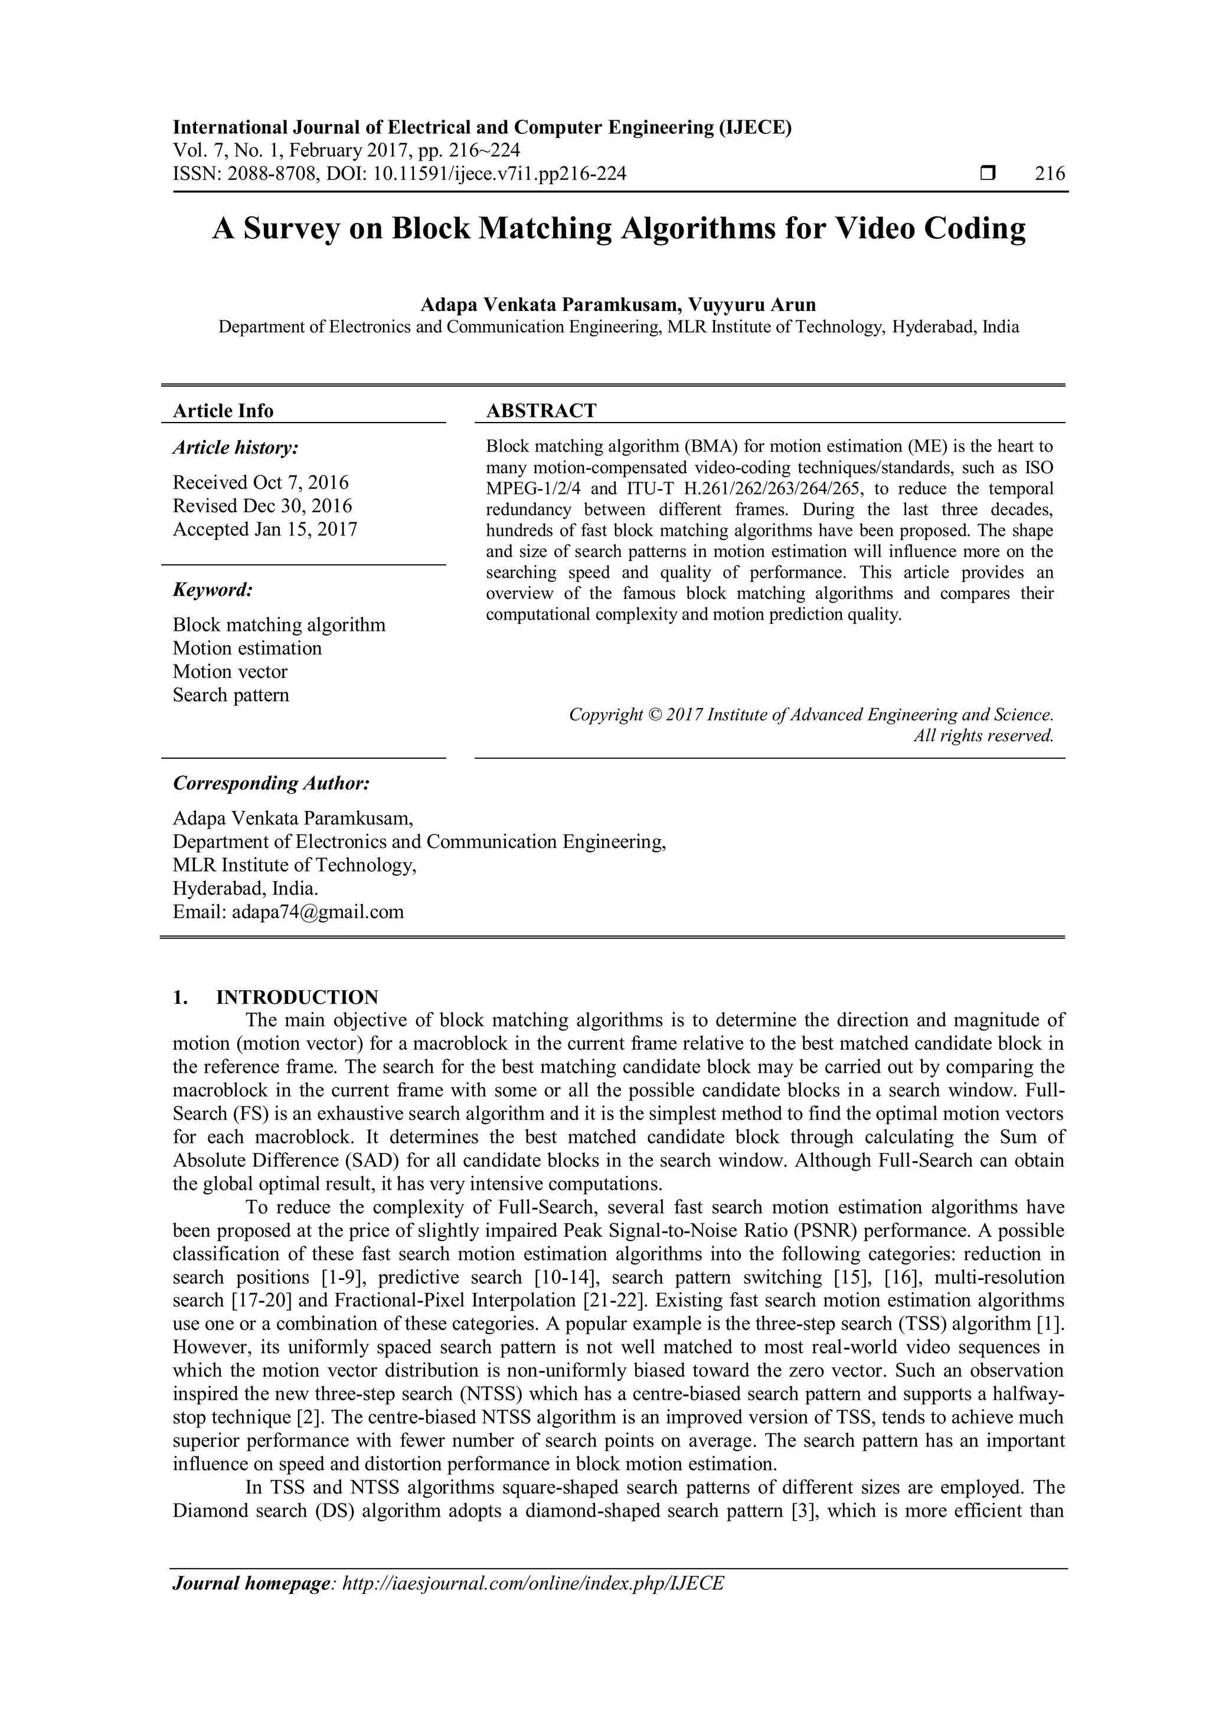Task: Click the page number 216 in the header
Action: (x=1050, y=174)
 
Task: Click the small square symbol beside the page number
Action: (x=988, y=174)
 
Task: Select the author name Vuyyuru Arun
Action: (x=752, y=305)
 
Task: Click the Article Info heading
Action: (x=223, y=411)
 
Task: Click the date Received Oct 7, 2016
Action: (x=260, y=482)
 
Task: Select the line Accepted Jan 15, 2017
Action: (x=265, y=529)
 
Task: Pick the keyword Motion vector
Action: (x=230, y=672)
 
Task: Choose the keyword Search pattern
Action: (x=231, y=695)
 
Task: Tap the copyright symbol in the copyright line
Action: (x=654, y=715)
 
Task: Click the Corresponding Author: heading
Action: (x=271, y=784)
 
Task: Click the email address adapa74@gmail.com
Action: (x=318, y=912)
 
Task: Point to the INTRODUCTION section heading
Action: (x=297, y=997)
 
